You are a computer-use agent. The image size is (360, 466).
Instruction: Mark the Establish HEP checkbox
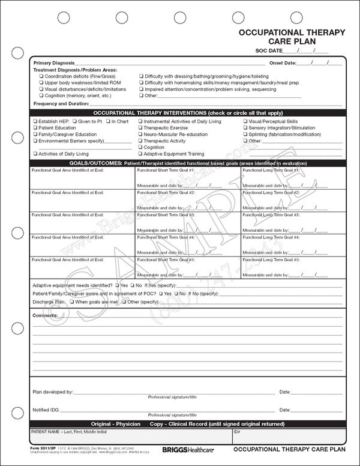(35, 121)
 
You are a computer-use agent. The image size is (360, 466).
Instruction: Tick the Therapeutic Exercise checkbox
(140, 128)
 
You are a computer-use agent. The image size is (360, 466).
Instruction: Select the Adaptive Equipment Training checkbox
(140, 154)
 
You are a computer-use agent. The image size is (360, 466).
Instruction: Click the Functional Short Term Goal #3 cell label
(166, 214)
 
